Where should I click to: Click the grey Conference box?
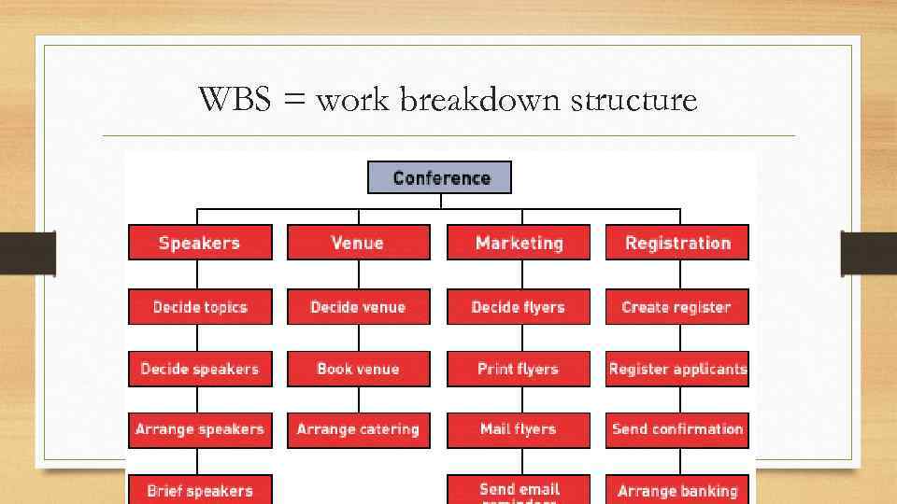click(x=440, y=177)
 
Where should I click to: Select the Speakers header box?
click(x=200, y=243)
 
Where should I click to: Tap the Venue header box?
click(x=358, y=243)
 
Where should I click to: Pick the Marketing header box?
click(x=519, y=243)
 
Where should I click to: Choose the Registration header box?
click(x=677, y=243)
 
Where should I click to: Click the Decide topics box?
click(x=200, y=307)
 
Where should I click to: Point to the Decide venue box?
click(x=358, y=307)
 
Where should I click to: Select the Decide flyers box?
click(x=519, y=307)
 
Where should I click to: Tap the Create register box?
click(x=677, y=307)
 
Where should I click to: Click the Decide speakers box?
click(x=200, y=369)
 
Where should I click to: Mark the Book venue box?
click(x=358, y=369)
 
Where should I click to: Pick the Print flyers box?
click(x=519, y=369)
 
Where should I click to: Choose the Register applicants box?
click(x=677, y=369)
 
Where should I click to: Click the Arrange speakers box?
click(x=200, y=429)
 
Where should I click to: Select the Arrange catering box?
click(x=358, y=429)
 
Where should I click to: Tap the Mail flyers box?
click(x=519, y=429)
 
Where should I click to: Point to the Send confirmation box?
click(x=677, y=429)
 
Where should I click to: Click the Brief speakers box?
click(x=200, y=490)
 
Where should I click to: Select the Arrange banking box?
click(x=677, y=490)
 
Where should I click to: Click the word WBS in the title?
click(x=236, y=98)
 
